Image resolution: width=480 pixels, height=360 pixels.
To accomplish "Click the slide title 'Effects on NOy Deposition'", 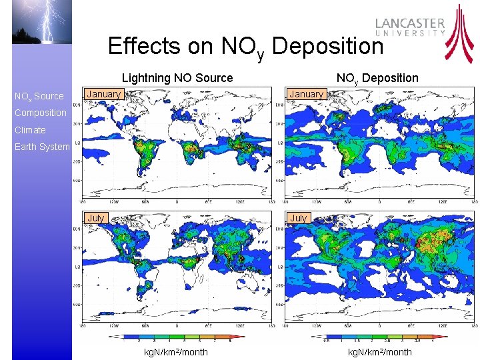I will pos(245,47).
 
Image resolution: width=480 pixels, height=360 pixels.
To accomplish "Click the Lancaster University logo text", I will pos(409,27).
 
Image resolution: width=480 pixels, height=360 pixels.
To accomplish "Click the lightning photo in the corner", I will pos(41,21).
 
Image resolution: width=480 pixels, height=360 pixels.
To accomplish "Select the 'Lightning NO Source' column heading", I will pos(177,78).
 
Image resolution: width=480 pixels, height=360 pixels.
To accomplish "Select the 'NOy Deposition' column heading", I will pos(377,78).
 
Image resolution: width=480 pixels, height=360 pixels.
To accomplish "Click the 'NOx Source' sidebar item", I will pos(39,97).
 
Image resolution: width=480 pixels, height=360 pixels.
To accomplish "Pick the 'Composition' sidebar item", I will pos(41,113).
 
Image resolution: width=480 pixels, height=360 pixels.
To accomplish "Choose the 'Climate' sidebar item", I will pos(31,130).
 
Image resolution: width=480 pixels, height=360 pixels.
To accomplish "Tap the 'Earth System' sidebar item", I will pos(42,147).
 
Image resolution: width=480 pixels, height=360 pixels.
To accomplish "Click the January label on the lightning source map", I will pos(104,95).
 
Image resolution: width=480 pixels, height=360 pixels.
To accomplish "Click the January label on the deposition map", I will pos(307,95).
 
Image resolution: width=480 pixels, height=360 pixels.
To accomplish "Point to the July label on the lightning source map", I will pos(96,218).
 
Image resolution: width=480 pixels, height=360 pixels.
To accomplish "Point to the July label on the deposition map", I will pos(299,218).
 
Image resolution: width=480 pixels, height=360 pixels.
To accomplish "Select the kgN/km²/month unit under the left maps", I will pos(176,352).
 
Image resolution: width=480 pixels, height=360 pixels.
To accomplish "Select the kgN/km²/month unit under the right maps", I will pos(380,352).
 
